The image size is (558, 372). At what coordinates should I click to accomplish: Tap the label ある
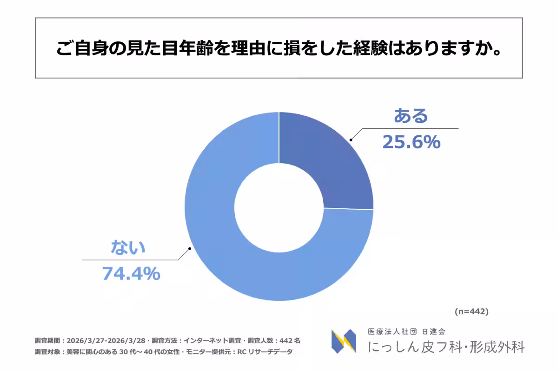pos(410,116)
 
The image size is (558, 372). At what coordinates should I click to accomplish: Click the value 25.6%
pos(411,142)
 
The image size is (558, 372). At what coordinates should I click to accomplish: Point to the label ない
pos(128,247)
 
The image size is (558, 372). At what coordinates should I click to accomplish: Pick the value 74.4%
pos(131,274)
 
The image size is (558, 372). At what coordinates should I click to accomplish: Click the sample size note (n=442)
pos(471,312)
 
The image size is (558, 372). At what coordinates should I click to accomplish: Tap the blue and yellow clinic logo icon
pos(344,341)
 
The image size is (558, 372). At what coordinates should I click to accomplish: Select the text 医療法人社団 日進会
pos(406,332)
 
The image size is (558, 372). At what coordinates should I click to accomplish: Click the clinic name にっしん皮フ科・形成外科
pos(445,347)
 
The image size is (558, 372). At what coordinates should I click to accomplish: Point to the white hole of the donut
pos(279,207)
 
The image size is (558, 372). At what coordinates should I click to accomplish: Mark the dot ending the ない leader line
pos(190,249)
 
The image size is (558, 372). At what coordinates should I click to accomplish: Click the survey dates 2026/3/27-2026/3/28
pos(107,340)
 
